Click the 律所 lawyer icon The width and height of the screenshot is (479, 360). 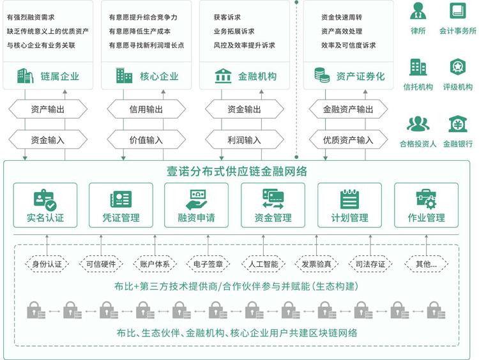click(418, 11)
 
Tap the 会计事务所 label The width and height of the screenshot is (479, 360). click(457, 30)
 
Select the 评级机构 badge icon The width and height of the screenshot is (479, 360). click(457, 66)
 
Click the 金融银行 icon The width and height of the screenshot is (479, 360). click(457, 123)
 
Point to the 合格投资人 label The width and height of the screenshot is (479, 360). click(418, 144)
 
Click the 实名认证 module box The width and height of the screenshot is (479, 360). click(45, 205)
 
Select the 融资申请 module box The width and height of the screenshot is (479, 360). click(196, 205)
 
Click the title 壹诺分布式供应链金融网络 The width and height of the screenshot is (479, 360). click(238, 171)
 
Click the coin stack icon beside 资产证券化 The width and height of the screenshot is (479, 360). click(321, 76)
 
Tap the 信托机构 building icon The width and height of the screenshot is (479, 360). click(418, 66)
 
